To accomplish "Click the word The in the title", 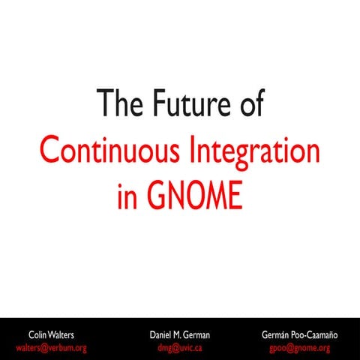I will (x=118, y=104).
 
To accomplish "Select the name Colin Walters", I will (x=52, y=333).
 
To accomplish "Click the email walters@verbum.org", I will (x=52, y=347).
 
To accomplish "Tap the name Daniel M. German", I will (x=180, y=333).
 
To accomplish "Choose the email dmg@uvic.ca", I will (x=180, y=347).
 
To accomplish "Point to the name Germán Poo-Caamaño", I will (x=300, y=333).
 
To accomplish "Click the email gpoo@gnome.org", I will (x=300, y=347).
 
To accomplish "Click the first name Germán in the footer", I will (x=277, y=333).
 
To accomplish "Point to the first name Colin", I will (x=37, y=333).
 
